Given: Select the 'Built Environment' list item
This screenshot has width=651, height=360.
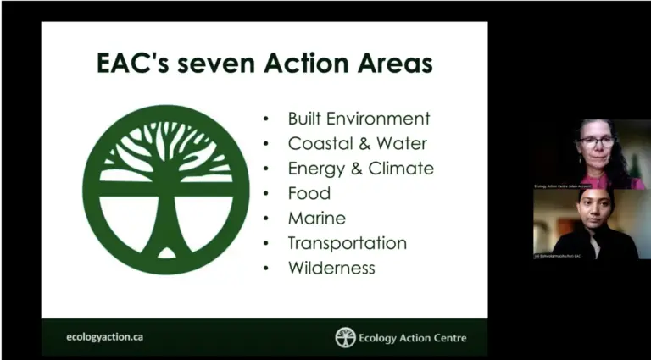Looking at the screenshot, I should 359,119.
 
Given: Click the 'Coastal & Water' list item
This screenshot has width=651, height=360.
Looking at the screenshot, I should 357,143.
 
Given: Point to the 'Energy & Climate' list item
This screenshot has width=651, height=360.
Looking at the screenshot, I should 360,168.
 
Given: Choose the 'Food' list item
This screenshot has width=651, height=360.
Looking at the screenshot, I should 309,193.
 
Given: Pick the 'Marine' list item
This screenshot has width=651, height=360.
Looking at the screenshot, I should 316,218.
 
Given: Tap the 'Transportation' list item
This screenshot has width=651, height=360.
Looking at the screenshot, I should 347,243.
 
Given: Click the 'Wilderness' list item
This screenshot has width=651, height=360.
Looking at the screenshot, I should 331,268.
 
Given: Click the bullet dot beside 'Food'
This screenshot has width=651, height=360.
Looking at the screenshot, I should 267,194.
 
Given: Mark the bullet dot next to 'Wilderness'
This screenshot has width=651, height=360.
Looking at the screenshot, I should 267,269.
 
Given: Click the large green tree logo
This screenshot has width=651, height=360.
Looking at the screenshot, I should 166,189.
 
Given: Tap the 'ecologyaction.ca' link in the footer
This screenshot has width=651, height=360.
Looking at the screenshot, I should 104,336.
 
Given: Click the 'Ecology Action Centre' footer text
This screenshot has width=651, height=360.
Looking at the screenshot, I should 413,338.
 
